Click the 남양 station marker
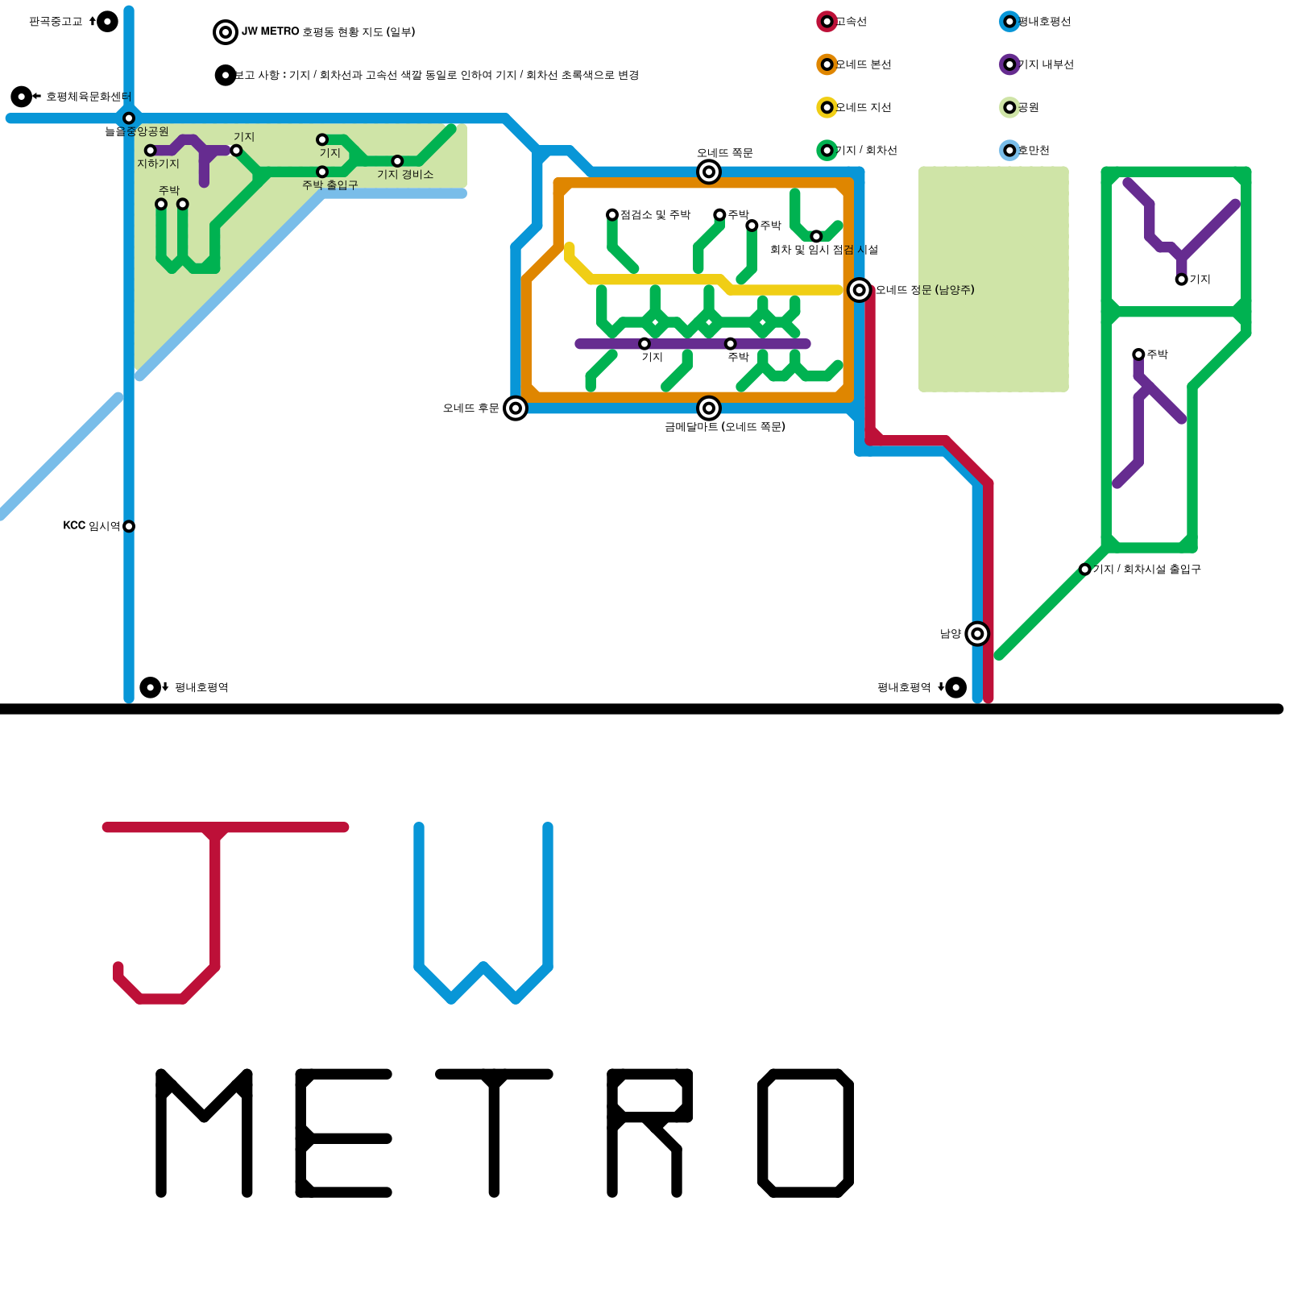pos(977,634)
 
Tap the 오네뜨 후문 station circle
pos(516,408)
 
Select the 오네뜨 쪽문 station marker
pos(709,172)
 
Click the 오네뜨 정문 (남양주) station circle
pos(860,290)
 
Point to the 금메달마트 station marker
pos(709,408)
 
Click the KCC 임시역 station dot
pos(129,526)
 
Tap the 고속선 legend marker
pos(827,22)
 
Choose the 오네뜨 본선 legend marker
pos(827,64)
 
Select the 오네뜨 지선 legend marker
pos(827,107)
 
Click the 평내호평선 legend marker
pos(1009,22)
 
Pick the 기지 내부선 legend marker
pos(1009,64)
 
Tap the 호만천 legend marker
pos(1009,150)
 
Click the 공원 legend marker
pos(1009,107)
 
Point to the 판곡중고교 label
pos(56,22)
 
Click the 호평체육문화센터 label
pos(88,97)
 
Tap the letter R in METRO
pos(649,1132)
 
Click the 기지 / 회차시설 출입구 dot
pos(1085,570)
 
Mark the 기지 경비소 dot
pos(397,161)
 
